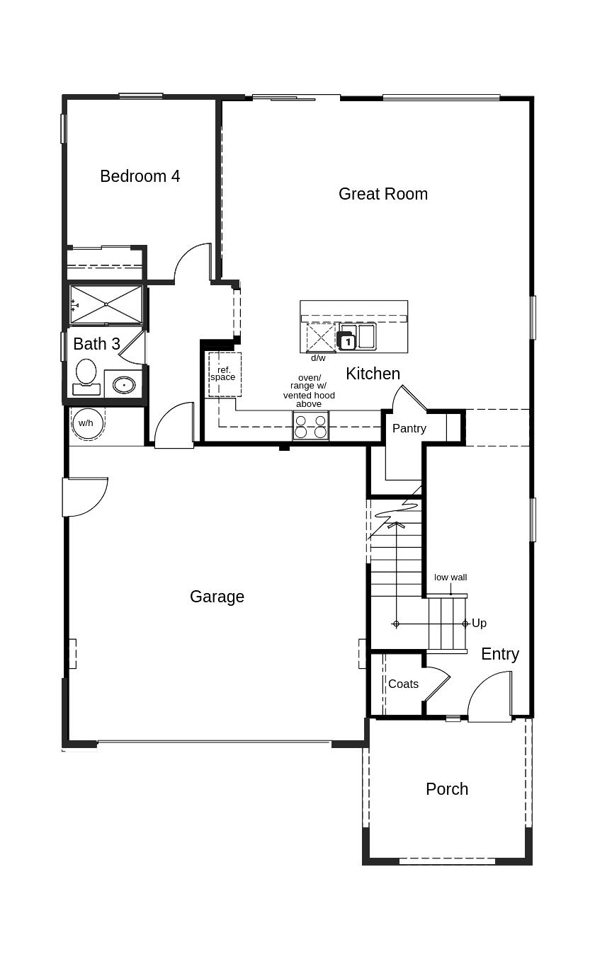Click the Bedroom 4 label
tap(140, 176)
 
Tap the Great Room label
tap(382, 194)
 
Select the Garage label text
tap(217, 597)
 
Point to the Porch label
tap(446, 789)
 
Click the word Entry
tap(499, 654)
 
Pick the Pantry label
tap(409, 428)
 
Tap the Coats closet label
tap(403, 684)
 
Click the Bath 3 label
tap(96, 344)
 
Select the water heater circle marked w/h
tap(86, 423)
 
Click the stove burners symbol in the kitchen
tap(311, 426)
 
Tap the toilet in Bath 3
tap(86, 375)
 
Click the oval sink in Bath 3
tap(124, 385)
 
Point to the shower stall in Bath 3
tap(106, 304)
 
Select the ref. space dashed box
tap(225, 374)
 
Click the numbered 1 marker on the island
tap(347, 342)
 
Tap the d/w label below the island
tap(318, 358)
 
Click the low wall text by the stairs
tap(450, 578)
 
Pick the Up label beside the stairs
tap(479, 624)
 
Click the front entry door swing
tap(489, 697)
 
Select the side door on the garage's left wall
tap(84, 497)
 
